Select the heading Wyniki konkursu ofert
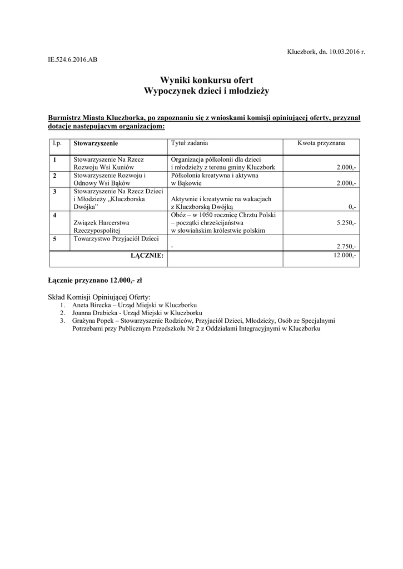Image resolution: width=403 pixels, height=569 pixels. tap(206, 80)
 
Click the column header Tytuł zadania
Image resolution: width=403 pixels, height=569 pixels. tap(190, 143)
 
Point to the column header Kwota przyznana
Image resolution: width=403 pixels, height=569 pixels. tap(321, 143)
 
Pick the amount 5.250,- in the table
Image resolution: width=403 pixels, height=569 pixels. tap(346, 222)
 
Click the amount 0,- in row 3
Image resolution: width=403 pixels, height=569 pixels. tap(352, 207)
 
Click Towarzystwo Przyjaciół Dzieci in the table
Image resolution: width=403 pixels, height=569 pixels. tap(116, 238)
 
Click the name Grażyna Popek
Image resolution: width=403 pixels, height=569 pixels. tap(92, 321)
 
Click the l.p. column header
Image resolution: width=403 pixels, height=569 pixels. tap(56, 143)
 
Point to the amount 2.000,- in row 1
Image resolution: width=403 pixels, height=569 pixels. tap(346, 167)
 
